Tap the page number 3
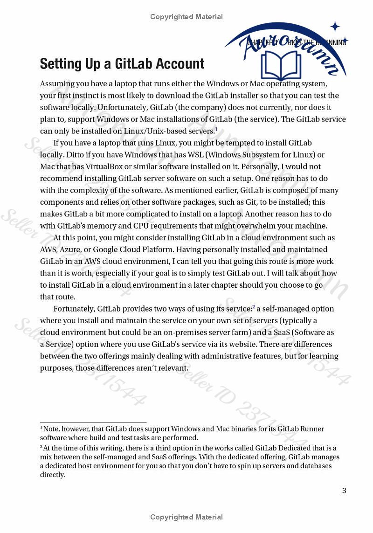tap(344, 490)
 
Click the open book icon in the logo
tap(282, 66)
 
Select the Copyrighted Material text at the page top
tap(186, 17)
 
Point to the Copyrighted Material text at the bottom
tap(186, 517)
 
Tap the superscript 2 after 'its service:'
tap(254, 306)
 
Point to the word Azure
tap(71, 249)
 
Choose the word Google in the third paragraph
tap(108, 249)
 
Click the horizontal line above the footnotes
tap(93, 422)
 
